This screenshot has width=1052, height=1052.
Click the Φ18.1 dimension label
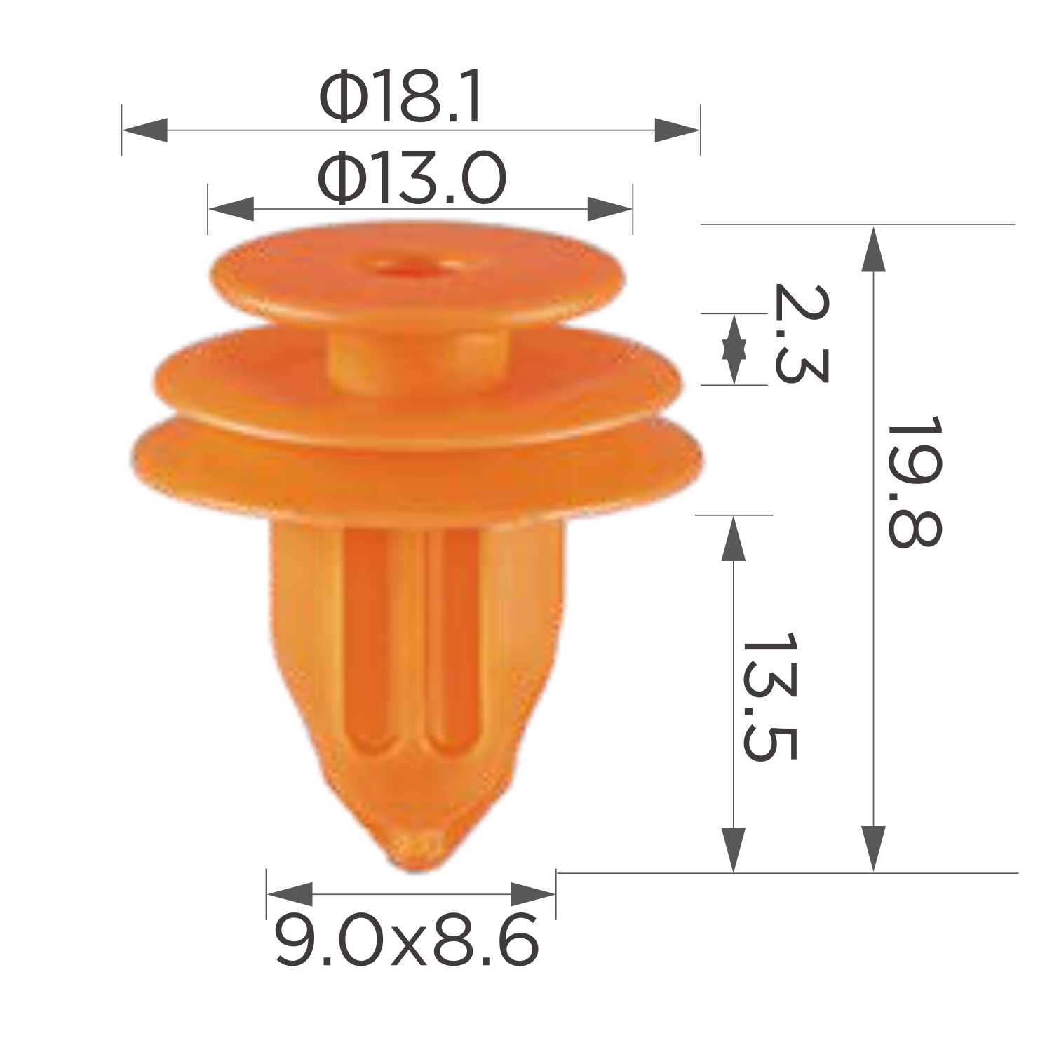[x=400, y=99]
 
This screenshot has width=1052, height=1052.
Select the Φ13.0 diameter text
[x=412, y=179]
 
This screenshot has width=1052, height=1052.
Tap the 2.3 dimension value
[x=800, y=334]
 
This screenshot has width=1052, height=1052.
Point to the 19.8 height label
[x=912, y=484]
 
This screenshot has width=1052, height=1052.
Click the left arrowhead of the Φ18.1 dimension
[x=144, y=130]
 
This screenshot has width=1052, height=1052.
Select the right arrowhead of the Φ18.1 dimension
[x=677, y=130]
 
